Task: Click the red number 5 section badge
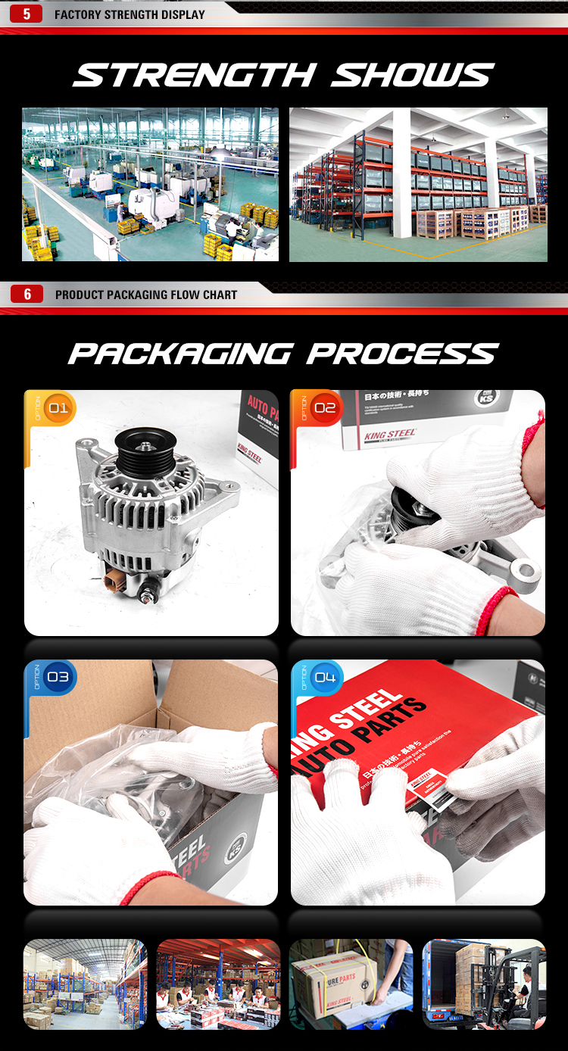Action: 27,14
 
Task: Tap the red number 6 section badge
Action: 28,294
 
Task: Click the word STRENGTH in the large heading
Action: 194,76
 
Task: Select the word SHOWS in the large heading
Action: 413,76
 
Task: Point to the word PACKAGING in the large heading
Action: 180,354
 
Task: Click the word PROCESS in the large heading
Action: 402,354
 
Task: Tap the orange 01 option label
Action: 58,409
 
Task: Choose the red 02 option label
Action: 324,409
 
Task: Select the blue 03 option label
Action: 58,677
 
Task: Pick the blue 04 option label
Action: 324,677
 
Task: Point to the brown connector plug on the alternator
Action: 115,582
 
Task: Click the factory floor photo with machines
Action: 150,184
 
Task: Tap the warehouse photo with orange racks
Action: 418,184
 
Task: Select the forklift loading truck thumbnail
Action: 483,984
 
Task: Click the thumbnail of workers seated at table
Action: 218,984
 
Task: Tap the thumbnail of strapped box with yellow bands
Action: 351,984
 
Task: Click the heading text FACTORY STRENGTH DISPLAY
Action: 130,14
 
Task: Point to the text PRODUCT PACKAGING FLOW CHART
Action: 146,295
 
